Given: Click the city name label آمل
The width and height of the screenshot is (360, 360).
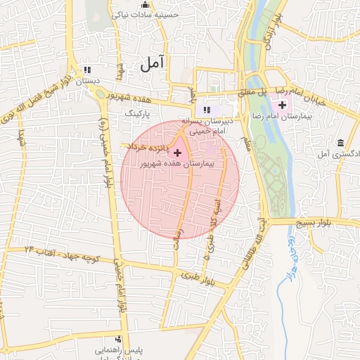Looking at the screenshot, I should (151, 64).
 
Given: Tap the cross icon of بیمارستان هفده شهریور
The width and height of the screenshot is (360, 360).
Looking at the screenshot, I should (177, 152).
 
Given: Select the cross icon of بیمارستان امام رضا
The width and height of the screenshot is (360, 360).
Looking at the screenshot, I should (282, 105).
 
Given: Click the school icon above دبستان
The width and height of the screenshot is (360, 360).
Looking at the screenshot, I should (87, 70).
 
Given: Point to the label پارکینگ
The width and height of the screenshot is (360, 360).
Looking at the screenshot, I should (138, 112).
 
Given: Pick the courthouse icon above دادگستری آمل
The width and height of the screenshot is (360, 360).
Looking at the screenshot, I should (341, 143).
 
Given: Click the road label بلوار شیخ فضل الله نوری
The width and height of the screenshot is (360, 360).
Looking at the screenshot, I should (35, 103).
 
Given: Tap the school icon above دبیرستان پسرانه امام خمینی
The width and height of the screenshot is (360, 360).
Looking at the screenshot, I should (207, 109).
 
